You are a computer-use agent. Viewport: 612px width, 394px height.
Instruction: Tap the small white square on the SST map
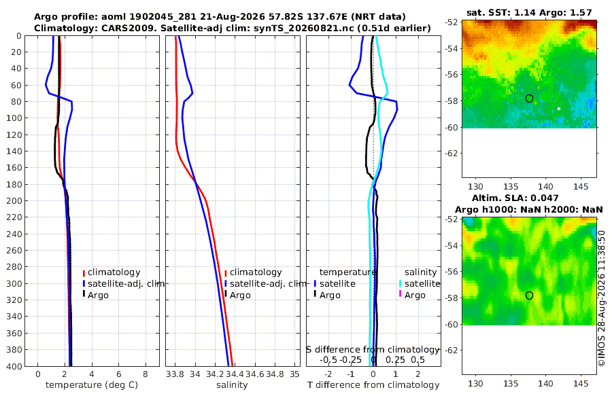click(559, 109)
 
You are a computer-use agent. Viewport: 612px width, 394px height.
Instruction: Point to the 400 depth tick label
click(14, 366)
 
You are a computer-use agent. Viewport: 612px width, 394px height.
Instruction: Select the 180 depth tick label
click(14, 184)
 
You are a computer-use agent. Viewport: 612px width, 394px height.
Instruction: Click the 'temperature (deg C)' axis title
click(92, 385)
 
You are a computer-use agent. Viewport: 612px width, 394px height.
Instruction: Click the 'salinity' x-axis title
click(232, 385)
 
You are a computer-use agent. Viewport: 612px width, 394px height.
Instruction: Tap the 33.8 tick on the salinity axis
click(175, 374)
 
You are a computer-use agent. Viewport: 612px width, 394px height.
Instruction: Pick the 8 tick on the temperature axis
click(146, 374)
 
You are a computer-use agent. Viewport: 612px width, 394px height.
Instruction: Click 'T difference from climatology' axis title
click(373, 385)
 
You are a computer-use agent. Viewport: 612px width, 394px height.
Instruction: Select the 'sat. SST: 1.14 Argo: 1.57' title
click(529, 12)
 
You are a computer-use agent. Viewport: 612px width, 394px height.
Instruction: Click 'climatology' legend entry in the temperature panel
click(114, 272)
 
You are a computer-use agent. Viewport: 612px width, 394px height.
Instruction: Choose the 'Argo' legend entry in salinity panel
click(240, 295)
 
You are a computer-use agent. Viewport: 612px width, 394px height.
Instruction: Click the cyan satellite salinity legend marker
click(400, 283)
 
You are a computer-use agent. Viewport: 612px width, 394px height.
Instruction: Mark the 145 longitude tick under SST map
click(581, 186)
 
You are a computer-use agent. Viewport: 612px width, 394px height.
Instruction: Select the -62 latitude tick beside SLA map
click(452, 351)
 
